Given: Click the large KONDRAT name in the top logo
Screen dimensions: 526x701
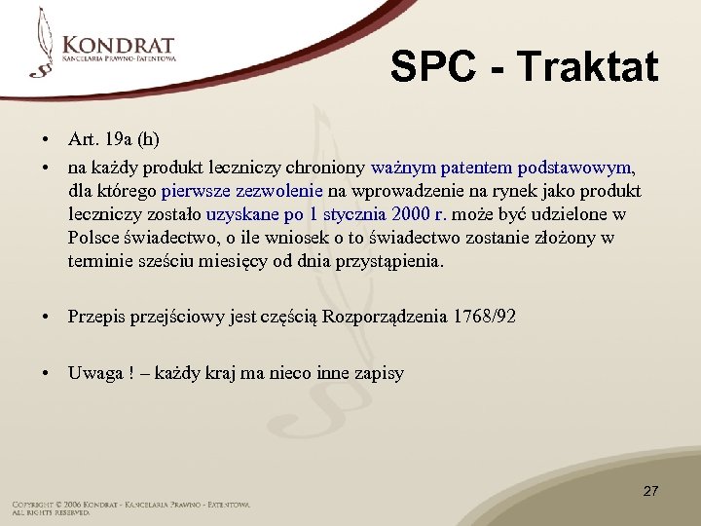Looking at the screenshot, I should [119, 45].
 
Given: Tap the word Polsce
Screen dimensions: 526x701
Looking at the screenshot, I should [93, 239].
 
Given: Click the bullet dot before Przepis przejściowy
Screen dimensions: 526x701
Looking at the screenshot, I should [47, 317].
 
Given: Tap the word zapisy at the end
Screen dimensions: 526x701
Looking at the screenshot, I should [379, 373].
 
